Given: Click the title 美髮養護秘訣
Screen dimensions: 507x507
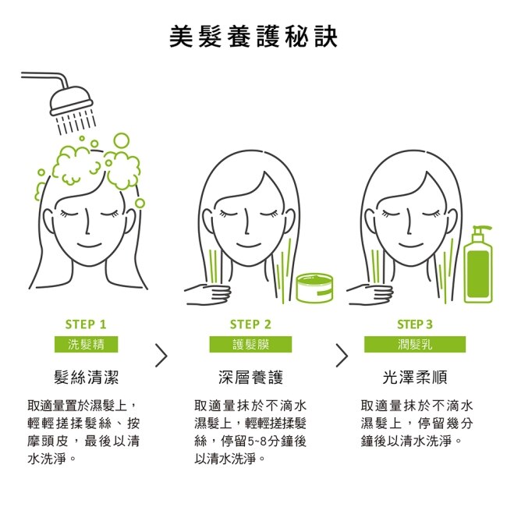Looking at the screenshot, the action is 253,37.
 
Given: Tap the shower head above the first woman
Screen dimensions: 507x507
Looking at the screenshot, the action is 72,101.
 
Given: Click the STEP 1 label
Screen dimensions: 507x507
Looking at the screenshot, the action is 86,324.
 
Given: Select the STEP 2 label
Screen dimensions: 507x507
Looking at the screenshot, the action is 250,324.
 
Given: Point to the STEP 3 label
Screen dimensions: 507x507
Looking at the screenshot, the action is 414,324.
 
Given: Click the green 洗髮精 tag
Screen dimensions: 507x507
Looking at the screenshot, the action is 86,344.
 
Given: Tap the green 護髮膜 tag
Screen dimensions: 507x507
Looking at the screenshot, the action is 250,344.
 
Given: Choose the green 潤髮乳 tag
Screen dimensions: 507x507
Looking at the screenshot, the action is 415,344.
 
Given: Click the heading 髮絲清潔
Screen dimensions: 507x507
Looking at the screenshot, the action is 87,377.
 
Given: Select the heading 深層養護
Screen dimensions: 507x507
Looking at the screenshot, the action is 250,377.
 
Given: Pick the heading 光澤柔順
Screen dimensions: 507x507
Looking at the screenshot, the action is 415,377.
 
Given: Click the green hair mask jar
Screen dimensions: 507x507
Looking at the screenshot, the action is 314,288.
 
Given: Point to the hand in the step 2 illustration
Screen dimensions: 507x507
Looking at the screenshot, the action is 208,293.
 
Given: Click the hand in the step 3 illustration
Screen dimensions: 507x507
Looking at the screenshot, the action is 370,293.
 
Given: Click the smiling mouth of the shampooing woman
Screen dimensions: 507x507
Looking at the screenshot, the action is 89,245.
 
